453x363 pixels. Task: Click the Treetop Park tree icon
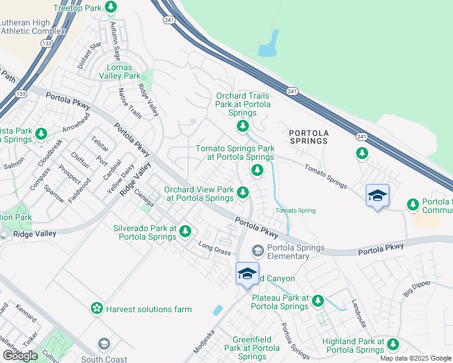pos(110,7)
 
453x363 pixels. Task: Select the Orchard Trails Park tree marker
pos(243,126)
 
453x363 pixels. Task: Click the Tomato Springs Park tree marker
pos(257,171)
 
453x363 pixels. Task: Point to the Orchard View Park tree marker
pos(243,192)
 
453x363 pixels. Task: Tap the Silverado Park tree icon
pos(185,231)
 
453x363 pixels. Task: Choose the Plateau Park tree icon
pos(317,301)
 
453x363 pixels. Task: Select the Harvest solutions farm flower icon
pos(96,309)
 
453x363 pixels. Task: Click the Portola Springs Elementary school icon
pos(257,250)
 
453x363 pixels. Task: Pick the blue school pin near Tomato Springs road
pos(377,195)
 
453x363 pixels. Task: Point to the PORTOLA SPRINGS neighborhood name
pos(308,137)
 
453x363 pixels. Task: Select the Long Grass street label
pos(216,249)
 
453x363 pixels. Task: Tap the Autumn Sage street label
pos(116,41)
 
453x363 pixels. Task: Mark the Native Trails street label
pos(130,104)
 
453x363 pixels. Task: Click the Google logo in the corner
pos(20,356)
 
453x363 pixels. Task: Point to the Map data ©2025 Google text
pos(415,358)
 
